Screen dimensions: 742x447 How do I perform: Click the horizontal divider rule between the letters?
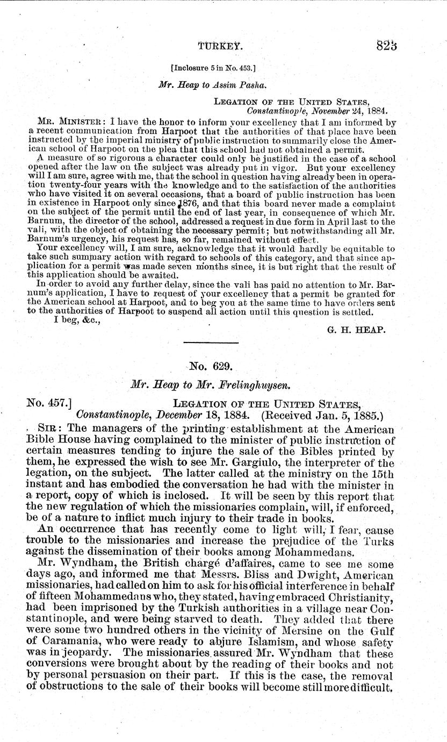click(211, 343)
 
